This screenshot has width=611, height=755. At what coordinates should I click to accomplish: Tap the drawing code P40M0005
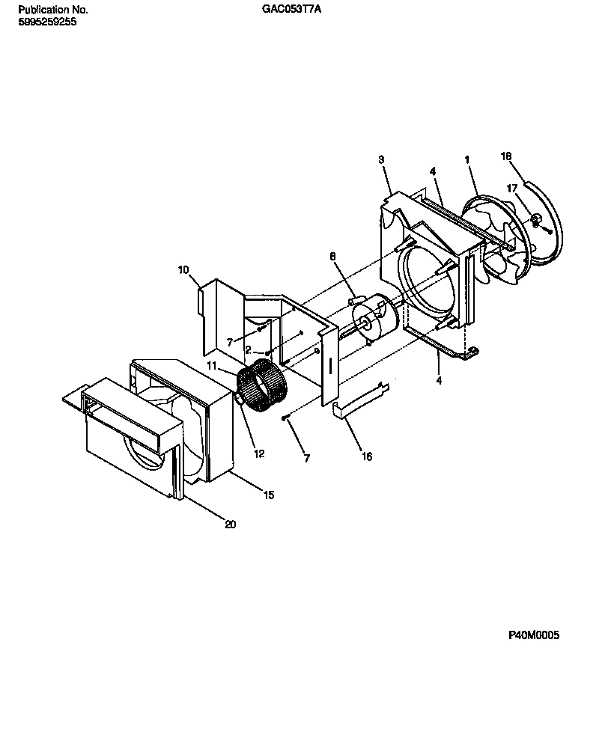(x=534, y=635)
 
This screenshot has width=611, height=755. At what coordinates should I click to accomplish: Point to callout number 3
(x=381, y=159)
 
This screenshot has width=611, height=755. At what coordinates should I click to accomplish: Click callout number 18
(x=506, y=156)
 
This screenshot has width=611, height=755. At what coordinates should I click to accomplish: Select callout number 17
(x=512, y=189)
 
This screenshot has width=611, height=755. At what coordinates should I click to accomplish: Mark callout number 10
(x=183, y=269)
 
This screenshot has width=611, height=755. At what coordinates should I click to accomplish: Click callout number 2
(x=248, y=349)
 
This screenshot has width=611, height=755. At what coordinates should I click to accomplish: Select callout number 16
(x=366, y=456)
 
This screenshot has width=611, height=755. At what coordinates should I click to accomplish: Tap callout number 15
(x=268, y=495)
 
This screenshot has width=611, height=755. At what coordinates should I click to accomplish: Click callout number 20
(x=230, y=525)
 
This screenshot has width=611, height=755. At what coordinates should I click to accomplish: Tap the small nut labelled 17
(x=537, y=219)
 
